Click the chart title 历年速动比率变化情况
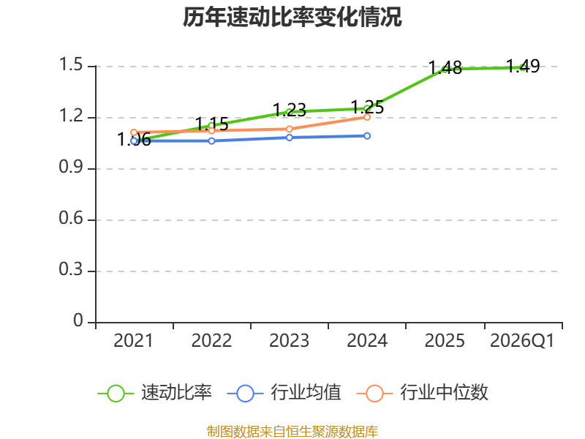click(292, 17)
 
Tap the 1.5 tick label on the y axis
click(70, 64)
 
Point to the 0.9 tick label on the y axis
click(70, 168)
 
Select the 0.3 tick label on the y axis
click(70, 269)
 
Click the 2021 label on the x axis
click(134, 341)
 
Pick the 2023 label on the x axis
click(289, 341)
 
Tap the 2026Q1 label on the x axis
click(522, 341)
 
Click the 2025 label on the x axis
click(445, 341)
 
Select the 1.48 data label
click(445, 68)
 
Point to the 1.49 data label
click(523, 67)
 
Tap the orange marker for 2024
click(367, 117)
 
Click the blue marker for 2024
click(367, 136)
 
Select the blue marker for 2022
click(211, 141)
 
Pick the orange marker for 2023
click(289, 130)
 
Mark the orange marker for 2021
click(134, 132)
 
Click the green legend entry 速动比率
click(155, 393)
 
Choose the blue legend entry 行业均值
click(284, 393)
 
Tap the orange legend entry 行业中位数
click(423, 393)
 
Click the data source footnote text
click(292, 432)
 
